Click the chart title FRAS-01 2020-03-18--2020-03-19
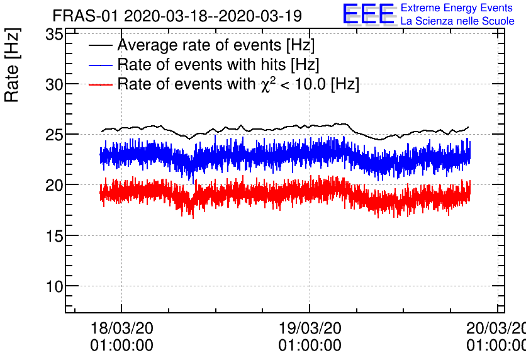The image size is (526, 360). tap(177, 15)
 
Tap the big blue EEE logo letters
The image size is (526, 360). tap(369, 14)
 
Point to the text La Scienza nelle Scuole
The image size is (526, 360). tap(457, 21)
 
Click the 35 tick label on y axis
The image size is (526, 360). tap(55, 34)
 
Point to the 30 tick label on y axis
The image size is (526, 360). tap(55, 84)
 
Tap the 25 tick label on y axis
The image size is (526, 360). tap(55, 135)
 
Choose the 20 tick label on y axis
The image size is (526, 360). tap(55, 185)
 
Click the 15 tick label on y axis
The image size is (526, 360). tap(55, 235)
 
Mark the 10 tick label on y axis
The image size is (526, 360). tap(55, 286)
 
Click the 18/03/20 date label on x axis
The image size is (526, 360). tap(121, 329)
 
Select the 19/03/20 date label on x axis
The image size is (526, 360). tap(310, 329)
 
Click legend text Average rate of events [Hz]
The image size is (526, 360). tap(216, 45)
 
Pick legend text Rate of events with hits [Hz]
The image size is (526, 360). tap(218, 64)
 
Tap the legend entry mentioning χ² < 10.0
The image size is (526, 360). tap(238, 84)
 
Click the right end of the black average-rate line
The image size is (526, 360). tap(468, 127)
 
